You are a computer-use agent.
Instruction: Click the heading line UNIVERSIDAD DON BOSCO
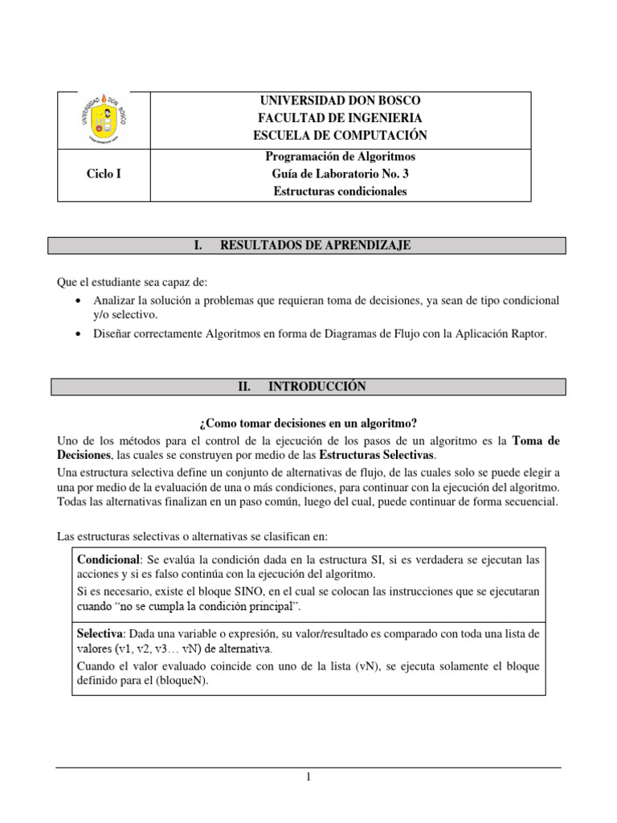coord(339,100)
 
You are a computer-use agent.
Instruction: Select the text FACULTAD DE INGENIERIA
coord(339,118)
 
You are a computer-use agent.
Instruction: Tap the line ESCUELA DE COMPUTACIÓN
coord(339,135)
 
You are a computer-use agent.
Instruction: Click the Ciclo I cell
coord(104,174)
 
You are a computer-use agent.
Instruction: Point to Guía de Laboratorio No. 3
coord(339,174)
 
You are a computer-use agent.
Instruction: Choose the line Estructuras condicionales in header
coord(339,191)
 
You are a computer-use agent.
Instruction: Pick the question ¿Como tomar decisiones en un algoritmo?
coord(308,424)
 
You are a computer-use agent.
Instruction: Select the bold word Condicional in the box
coord(108,559)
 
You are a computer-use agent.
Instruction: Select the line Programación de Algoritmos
coord(339,156)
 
